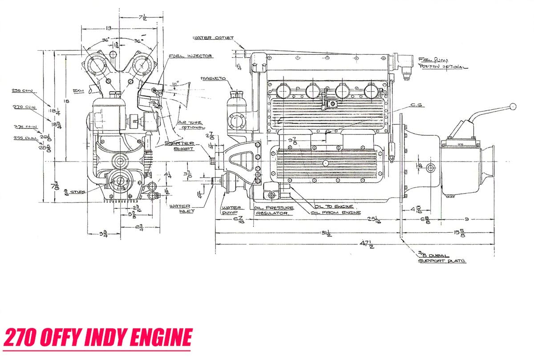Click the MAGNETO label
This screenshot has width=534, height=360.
(x=213, y=78)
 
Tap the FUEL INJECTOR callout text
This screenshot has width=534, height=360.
(x=190, y=57)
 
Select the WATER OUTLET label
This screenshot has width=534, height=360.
(x=213, y=38)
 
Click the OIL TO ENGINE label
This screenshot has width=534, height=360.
(x=335, y=206)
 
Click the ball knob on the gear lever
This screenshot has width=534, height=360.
(x=513, y=106)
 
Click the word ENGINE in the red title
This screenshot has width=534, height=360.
(x=160, y=337)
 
